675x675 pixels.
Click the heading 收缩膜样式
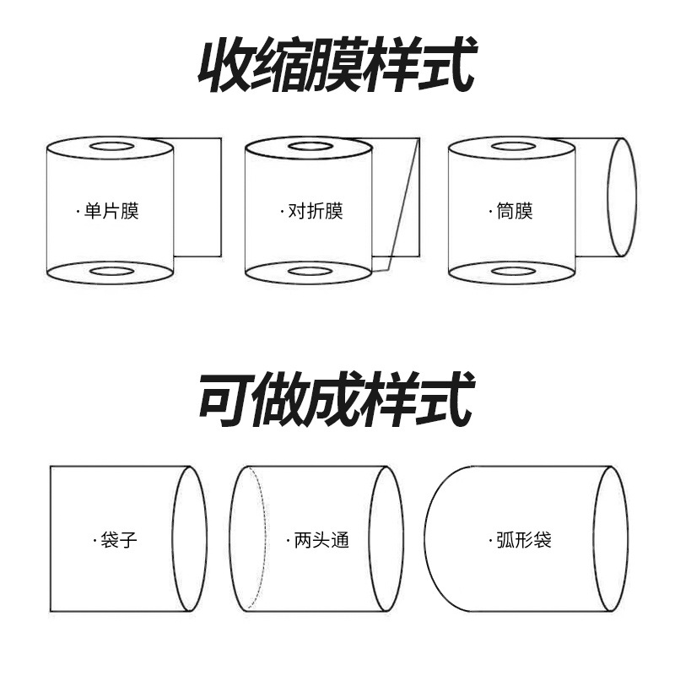[337, 66]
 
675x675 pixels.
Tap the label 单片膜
[111, 210]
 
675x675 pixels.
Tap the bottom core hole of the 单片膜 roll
[111, 272]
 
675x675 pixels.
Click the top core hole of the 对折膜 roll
[310, 147]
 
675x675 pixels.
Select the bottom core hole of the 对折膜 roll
[310, 272]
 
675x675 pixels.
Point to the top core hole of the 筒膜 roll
[512, 147]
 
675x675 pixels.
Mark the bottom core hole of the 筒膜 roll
[512, 272]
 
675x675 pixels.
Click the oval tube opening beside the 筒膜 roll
[622, 197]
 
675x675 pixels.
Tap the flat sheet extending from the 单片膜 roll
[197, 197]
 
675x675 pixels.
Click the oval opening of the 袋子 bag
[190, 539]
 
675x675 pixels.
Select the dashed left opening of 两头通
[247, 539]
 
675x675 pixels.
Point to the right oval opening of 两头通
[386, 539]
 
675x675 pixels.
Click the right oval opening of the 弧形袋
[610, 539]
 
